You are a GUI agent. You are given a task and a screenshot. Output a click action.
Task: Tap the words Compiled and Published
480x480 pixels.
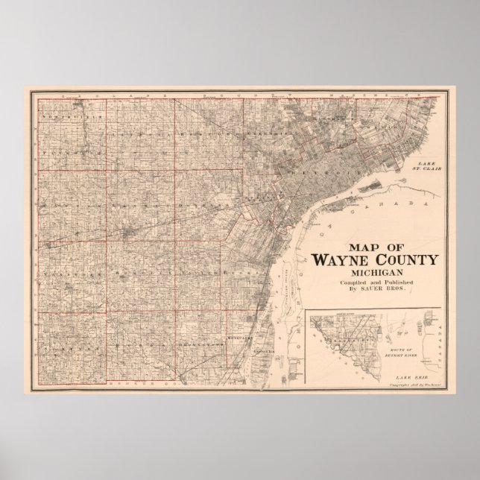tap(371, 286)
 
